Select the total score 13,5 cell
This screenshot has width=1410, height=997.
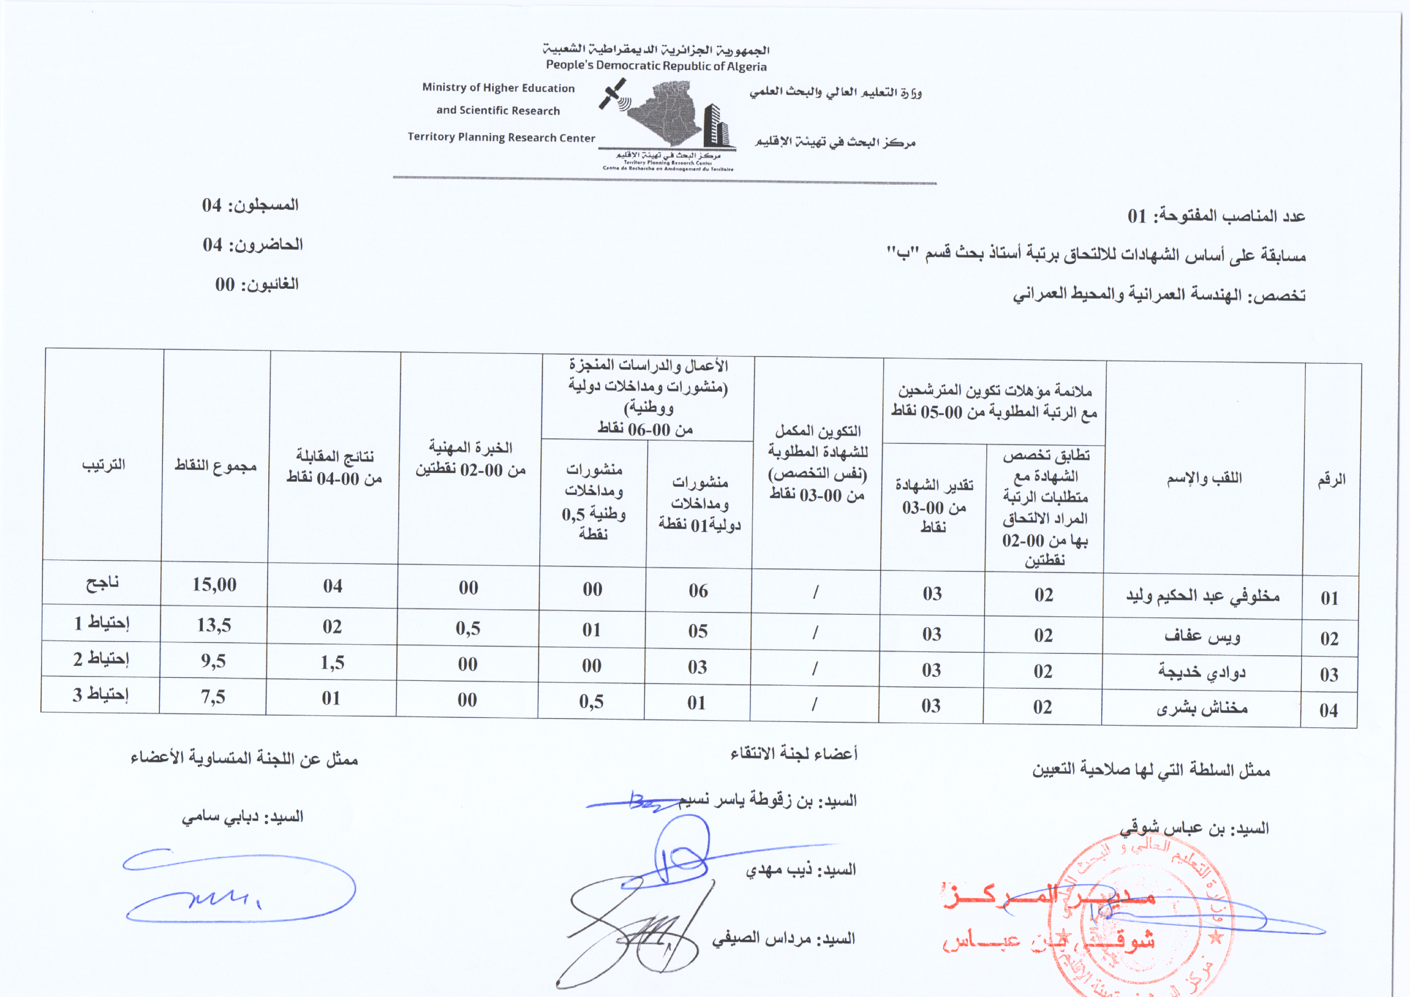point(214,625)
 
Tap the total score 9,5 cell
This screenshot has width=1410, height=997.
point(213,661)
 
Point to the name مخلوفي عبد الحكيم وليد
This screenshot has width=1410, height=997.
point(1202,596)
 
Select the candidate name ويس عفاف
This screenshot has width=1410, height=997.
point(1202,636)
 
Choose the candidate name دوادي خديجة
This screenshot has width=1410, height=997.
point(1202,672)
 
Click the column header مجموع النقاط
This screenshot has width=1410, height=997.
point(216,465)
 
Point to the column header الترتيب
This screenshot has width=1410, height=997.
point(104,464)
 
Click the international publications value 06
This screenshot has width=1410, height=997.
point(698,590)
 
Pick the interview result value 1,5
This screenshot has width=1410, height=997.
point(332,662)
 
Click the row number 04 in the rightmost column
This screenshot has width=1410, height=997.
point(1329,710)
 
